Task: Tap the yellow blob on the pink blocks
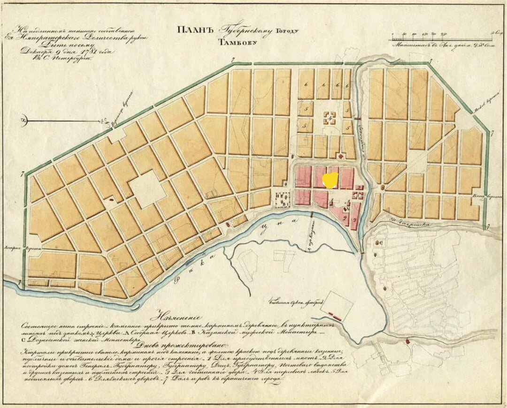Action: point(331,180)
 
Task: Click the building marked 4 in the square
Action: point(330,118)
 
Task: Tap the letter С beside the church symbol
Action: point(381,242)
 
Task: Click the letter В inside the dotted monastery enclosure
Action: point(284,204)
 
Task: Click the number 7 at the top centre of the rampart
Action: point(233,60)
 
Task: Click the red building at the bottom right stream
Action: point(407,341)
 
